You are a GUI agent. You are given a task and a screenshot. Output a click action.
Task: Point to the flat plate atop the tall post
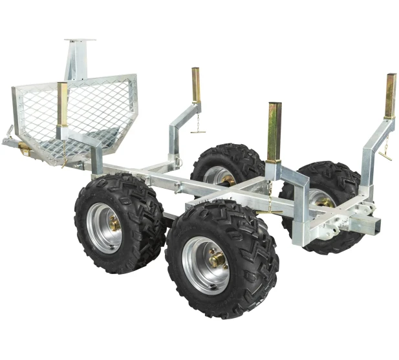(x=80, y=41)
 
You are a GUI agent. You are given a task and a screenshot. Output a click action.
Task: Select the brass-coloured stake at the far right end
(x=391, y=96)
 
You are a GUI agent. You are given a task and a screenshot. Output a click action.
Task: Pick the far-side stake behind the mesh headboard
(x=196, y=85)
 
